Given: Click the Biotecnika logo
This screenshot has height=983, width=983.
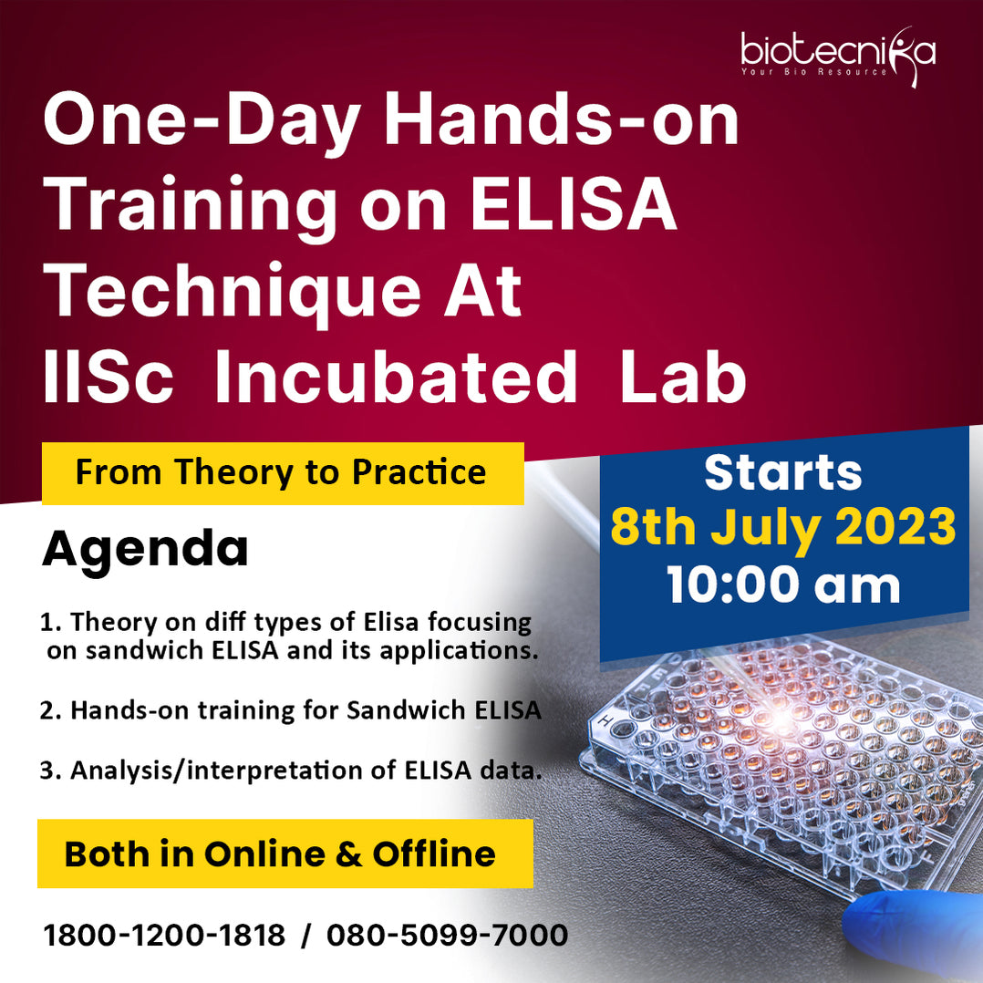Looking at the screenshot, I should tap(837, 53).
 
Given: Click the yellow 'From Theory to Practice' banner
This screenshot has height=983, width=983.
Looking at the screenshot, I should tap(282, 472).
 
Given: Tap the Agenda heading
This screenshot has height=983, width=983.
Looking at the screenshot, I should tap(145, 549).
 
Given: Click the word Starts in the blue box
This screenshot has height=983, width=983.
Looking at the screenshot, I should tap(782, 472).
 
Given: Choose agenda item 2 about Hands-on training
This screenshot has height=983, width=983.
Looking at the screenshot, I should tap(291, 710).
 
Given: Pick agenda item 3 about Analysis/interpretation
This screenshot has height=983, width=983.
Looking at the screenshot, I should tap(291, 771).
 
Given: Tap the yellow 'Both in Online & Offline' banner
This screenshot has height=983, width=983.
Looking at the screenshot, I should tap(284, 854).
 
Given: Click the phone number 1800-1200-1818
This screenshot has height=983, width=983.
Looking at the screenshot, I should tap(164, 935).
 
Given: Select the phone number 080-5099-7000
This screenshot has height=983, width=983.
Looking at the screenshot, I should tap(447, 935).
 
